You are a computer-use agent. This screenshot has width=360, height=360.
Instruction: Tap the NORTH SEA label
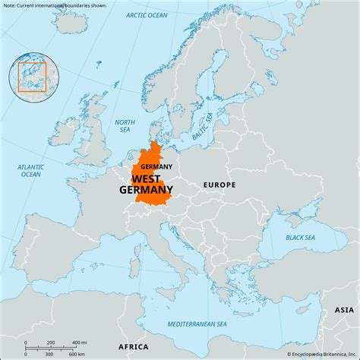(124, 126)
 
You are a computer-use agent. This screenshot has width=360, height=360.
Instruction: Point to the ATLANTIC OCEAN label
(31, 169)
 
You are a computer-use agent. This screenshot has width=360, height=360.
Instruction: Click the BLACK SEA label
(301, 237)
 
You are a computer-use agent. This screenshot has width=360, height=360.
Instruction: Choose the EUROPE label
(219, 185)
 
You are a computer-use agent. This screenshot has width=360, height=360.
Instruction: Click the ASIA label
(344, 311)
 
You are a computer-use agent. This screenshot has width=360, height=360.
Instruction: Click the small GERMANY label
(156, 166)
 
